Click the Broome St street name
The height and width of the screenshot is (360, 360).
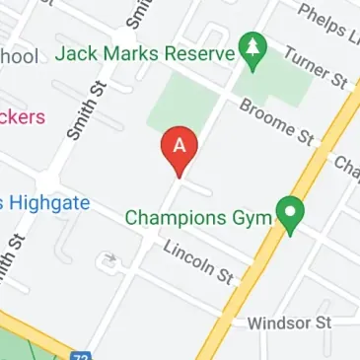tap(274, 119)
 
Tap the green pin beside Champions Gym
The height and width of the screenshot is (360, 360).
tap(289, 214)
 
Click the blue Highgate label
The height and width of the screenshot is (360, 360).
tap(45, 203)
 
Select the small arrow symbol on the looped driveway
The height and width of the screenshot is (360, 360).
tap(109, 261)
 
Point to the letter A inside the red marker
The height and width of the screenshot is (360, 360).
tap(179, 144)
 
